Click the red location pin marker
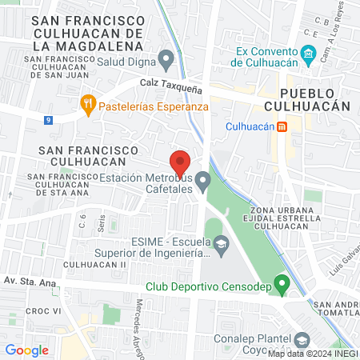click(x=180, y=160)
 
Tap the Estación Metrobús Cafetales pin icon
click(x=203, y=183)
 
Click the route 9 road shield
click(x=50, y=121)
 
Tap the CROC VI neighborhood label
click(x=39, y=310)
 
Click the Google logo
click(x=26, y=350)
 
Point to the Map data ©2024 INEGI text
click(x=312, y=354)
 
